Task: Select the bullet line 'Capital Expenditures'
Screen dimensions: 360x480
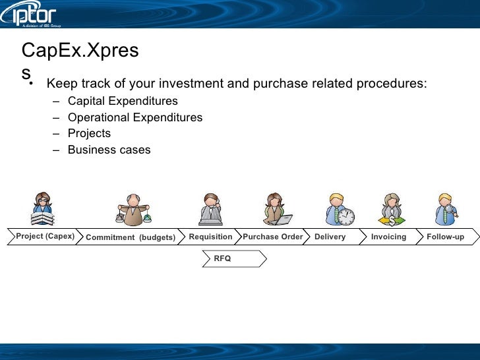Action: click(x=123, y=102)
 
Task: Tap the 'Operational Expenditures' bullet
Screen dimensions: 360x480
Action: click(x=135, y=117)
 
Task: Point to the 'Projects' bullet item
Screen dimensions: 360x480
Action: click(x=89, y=133)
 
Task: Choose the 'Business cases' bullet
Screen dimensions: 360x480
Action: click(x=109, y=150)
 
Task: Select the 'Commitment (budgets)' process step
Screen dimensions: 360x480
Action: click(x=130, y=237)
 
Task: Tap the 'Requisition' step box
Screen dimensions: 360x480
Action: click(x=210, y=237)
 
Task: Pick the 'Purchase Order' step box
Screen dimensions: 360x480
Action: click(x=273, y=237)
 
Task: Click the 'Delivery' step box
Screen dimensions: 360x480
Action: click(x=331, y=237)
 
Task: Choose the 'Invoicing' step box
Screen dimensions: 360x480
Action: click(x=389, y=237)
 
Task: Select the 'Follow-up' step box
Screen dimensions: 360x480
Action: click(x=446, y=237)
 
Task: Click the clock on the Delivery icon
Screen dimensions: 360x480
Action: click(x=346, y=216)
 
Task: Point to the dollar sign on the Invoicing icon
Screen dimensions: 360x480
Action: click(x=392, y=220)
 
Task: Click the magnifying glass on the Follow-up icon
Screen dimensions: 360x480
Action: click(x=450, y=211)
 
